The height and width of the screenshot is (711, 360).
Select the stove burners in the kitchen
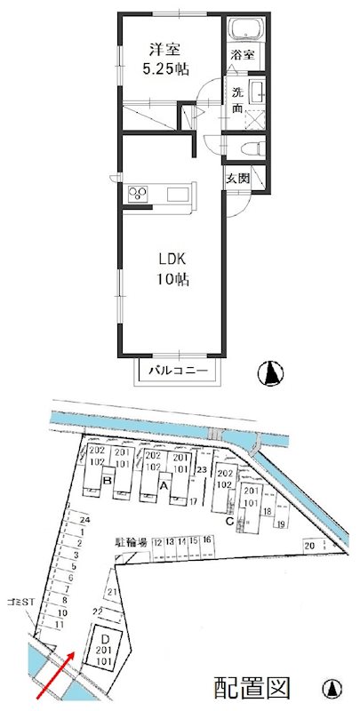pos(139,195)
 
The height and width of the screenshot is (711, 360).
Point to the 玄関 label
pos(237,178)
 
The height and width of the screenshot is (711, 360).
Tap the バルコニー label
pos(177,370)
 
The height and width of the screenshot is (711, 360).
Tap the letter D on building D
pos(104,638)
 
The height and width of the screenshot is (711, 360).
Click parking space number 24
pos(84,520)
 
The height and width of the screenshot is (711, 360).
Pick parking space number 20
pos(309,545)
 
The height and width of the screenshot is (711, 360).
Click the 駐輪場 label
pos(130,539)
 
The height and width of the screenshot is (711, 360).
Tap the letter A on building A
pos(163,486)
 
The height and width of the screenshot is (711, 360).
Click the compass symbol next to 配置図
pos(332,688)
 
